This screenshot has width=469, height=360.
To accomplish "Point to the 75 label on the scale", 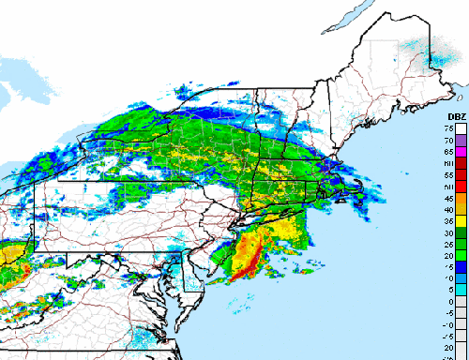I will tap(449, 127).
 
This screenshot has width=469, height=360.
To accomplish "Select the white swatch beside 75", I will tap(461, 127).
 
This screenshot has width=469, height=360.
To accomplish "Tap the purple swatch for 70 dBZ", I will tap(461, 139).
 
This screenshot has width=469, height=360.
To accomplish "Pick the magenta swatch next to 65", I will tap(461, 151).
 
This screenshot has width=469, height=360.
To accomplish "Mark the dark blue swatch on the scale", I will tap(461, 265).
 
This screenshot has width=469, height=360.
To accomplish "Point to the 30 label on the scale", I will tap(449, 232).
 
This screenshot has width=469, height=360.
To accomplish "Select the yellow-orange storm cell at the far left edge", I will tap(8, 253).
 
